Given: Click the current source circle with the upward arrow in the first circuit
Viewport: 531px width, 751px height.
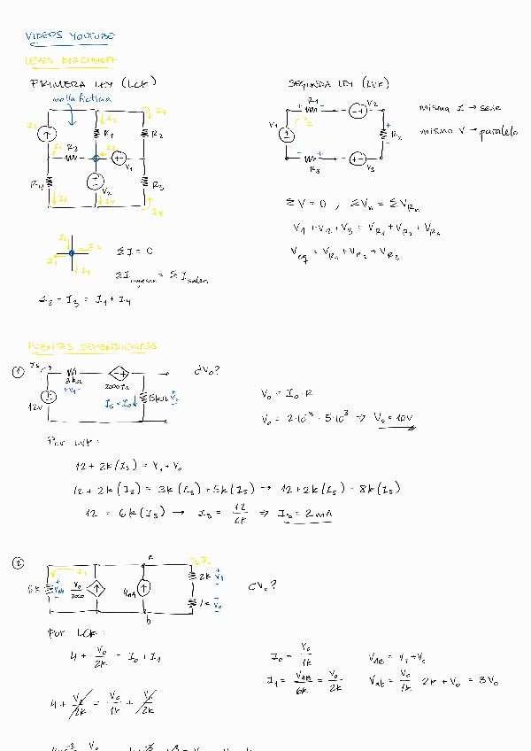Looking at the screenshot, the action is click(x=42, y=135).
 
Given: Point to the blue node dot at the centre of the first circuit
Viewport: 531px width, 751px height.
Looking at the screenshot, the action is click(x=96, y=159).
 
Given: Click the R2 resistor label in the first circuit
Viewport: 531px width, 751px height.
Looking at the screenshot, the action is click(x=157, y=135).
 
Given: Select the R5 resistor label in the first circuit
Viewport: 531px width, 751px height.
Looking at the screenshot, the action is click(x=157, y=185).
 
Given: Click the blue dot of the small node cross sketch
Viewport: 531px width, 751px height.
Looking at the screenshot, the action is click(x=72, y=252).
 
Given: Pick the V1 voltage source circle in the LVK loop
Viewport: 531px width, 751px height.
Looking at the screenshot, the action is click(x=287, y=135).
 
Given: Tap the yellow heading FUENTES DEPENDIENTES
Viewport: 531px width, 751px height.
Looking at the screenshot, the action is click(x=92, y=346).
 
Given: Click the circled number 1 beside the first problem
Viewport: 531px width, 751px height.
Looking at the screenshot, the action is click(x=17, y=372).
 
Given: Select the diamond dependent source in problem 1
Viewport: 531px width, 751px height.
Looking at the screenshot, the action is click(x=118, y=374).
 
